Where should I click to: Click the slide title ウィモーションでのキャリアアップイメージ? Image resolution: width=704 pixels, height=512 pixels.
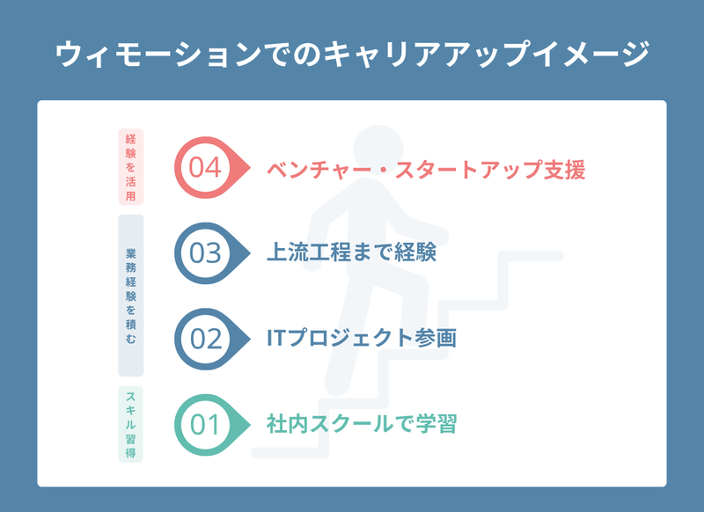pos(353,54)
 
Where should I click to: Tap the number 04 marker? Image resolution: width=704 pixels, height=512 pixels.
pos(212,167)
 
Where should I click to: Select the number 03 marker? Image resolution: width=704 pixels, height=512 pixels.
pos(212,253)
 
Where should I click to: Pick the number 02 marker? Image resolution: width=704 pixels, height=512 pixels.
pos(212,339)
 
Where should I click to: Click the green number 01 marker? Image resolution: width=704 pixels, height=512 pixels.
pos(212,425)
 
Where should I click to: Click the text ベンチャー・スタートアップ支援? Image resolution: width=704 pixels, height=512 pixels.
pos(426,170)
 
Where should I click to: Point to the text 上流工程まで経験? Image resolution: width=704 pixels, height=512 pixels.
pos(351,252)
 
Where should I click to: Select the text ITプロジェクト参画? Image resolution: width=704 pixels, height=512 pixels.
pos(362,338)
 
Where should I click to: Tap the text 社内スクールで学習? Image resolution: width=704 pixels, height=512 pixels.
pos(362,424)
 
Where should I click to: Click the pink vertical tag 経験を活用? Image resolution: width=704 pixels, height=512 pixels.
pos(130,167)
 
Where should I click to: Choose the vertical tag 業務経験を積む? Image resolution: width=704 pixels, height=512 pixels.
pos(130,296)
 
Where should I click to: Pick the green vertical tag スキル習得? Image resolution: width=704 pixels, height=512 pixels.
pos(130,424)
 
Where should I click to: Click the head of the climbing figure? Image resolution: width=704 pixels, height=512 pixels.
pos(378,150)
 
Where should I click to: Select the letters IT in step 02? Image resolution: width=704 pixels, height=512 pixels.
pos(277,338)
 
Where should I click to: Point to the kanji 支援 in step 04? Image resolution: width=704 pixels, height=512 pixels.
pos(564,170)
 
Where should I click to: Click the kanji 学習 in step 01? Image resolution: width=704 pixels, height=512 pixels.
pos(436,424)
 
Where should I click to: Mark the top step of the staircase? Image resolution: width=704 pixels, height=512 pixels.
pos(530,256)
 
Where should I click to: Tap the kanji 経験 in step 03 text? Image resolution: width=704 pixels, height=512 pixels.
pos(415,252)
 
